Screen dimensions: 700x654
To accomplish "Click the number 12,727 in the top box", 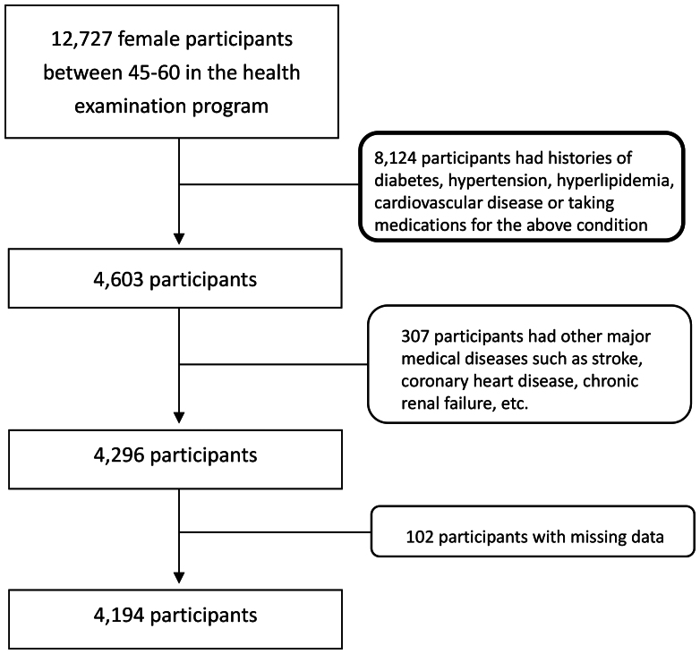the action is [x=81, y=39].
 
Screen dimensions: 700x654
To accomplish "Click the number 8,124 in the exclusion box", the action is [x=395, y=158].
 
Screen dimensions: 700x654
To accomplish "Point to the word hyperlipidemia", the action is [x=615, y=181].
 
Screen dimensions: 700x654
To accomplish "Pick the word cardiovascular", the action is [x=428, y=202].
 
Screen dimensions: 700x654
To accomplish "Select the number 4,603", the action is [x=118, y=280].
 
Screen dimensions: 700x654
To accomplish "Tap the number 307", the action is [x=414, y=335].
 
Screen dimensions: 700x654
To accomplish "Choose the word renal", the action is [x=420, y=403].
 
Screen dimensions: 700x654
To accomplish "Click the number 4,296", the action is [x=118, y=455].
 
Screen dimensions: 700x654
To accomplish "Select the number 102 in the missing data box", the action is [x=420, y=537].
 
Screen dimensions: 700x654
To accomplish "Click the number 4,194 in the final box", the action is [x=118, y=616].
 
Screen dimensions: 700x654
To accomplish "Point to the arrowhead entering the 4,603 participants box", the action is [x=179, y=239].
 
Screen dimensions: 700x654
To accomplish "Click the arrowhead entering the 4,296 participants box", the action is [x=179, y=417].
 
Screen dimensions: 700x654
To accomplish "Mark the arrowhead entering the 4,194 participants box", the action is [x=179, y=577].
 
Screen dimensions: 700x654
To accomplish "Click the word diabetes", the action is [x=408, y=181].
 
